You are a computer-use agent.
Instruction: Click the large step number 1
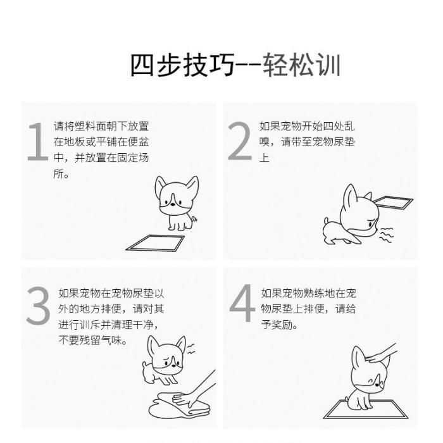[38, 141]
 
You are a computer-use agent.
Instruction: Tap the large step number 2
[240, 141]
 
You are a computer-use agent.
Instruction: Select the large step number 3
[38, 306]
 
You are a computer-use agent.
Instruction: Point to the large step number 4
[242, 303]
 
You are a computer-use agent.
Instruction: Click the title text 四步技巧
[182, 65]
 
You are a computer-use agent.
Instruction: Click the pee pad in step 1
[155, 243]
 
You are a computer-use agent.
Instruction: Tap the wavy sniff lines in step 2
[386, 235]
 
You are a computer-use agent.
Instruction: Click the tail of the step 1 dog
[194, 219]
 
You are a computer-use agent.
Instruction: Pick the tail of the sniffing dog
[327, 220]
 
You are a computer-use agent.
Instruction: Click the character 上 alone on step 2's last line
[265, 158]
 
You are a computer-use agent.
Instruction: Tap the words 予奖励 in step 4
[277, 325]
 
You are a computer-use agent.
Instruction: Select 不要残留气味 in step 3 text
[90, 340]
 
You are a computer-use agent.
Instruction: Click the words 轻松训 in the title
[301, 65]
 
